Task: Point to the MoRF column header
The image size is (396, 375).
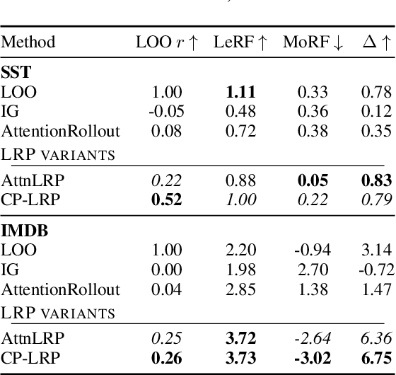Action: (313, 43)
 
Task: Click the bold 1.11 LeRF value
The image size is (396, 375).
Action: (240, 92)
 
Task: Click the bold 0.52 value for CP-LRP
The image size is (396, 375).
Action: (167, 200)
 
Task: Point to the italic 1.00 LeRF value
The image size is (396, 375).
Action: (240, 200)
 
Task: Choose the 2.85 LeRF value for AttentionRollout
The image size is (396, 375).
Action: (240, 290)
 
